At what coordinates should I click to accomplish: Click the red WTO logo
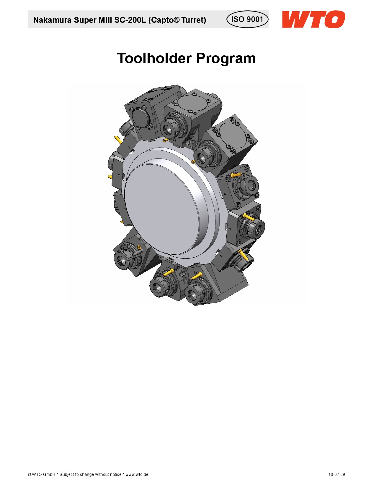(313, 19)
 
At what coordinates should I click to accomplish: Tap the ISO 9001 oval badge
(247, 19)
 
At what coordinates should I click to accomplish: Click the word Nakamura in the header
(52, 20)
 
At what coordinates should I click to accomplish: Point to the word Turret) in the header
(194, 20)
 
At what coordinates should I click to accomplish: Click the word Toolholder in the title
(154, 58)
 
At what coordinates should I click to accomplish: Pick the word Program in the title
(226, 59)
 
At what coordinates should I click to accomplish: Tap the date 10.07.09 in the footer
(336, 474)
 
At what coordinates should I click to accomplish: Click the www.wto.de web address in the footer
(137, 474)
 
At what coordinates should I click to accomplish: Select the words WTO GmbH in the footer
(43, 474)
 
